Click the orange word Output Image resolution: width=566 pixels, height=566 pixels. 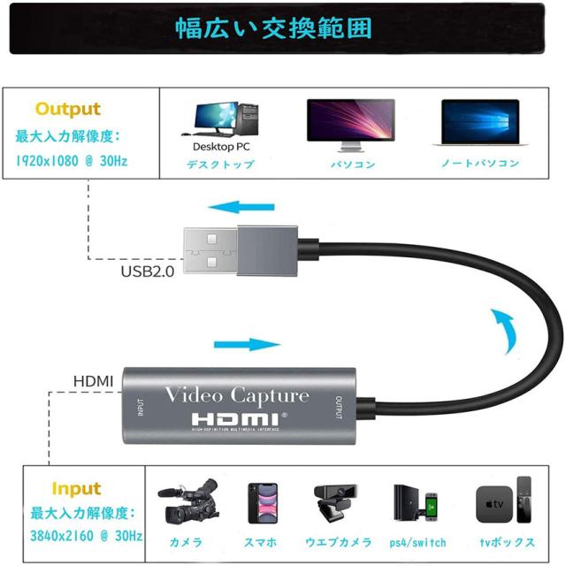click(x=67, y=110)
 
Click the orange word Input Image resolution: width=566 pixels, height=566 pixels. click(x=75, y=489)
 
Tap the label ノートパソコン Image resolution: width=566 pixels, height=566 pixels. click(x=480, y=164)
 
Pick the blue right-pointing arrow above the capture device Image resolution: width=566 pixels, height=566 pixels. click(x=241, y=345)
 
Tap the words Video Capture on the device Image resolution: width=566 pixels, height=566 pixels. click(x=238, y=395)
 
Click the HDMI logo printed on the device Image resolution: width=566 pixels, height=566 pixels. click(x=236, y=418)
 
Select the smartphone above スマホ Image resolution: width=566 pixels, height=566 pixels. click(x=261, y=505)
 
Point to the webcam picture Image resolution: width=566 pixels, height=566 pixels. click(x=333, y=505)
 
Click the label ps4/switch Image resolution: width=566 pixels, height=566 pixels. click(x=417, y=542)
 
